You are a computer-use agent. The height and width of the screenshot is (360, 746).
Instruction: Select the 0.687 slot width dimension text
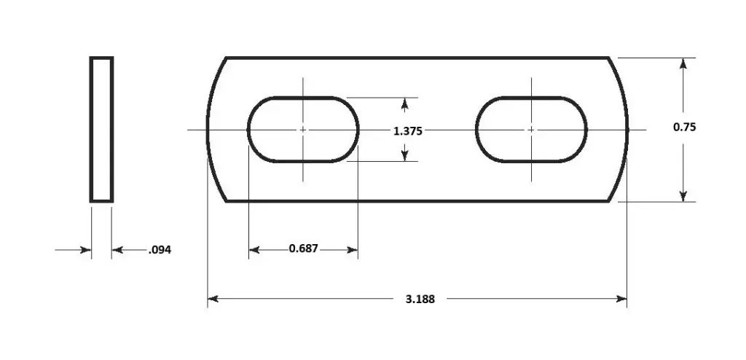[303, 249]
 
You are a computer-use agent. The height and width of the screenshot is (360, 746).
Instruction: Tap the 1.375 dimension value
[407, 131]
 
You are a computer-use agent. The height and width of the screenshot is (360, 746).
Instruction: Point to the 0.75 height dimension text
[684, 127]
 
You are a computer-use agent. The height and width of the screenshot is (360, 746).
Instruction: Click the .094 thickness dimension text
[160, 251]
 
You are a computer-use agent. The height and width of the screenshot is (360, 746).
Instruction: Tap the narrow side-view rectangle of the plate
[101, 129]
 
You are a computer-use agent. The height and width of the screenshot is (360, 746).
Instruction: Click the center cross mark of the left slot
[303, 130]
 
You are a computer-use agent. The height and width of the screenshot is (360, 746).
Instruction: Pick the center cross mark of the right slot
[531, 130]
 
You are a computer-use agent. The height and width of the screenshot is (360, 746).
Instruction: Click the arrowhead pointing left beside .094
[117, 250]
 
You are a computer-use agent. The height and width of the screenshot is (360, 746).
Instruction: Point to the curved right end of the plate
[625, 129]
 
